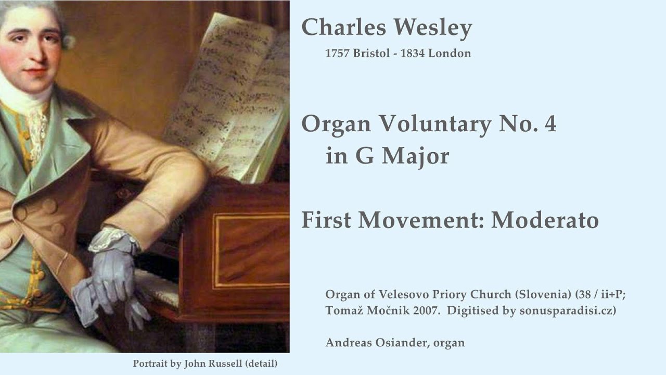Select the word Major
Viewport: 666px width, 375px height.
pyautogui.click(x=415, y=156)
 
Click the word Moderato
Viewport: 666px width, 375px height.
pyautogui.click(x=545, y=220)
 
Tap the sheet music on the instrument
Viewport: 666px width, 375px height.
pyautogui.click(x=229, y=94)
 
